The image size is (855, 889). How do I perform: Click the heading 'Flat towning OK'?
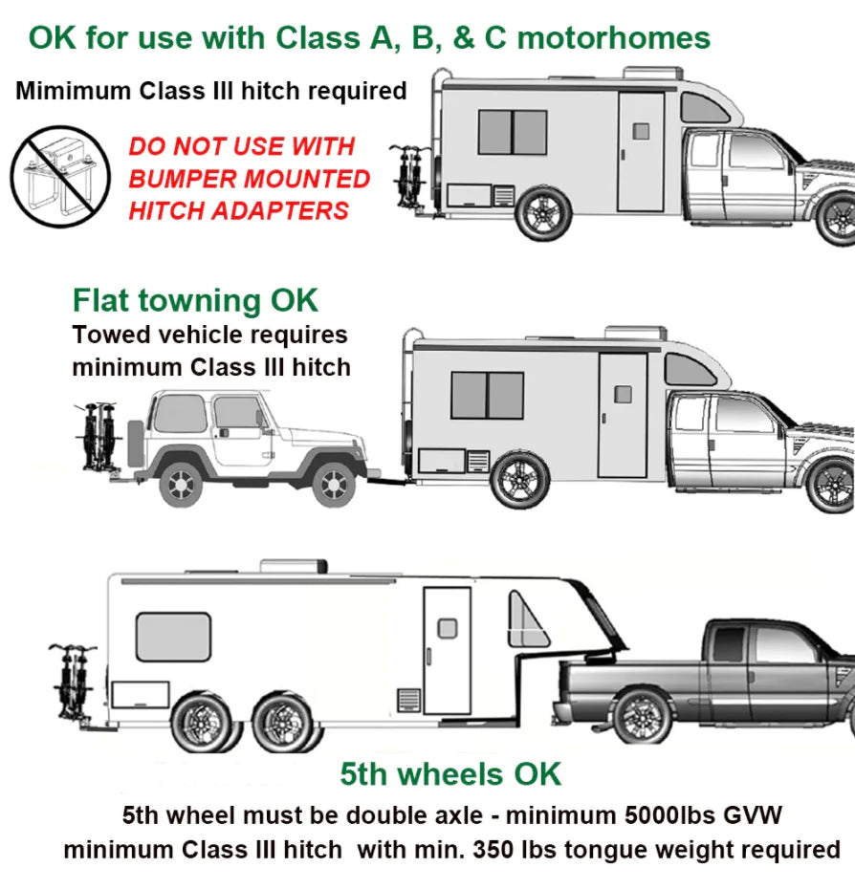[195, 300]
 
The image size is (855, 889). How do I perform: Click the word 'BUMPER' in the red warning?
[184, 179]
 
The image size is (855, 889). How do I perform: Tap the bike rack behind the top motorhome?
[410, 178]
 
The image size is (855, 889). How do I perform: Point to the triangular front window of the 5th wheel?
[527, 624]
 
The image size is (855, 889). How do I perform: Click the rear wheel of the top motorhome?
[543, 212]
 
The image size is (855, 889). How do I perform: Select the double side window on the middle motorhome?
[487, 395]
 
